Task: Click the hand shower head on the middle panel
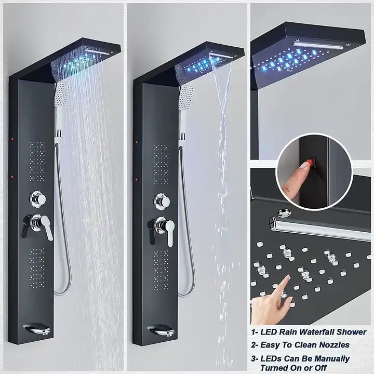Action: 185,97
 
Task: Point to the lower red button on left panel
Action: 11,178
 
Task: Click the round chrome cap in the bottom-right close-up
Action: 283,212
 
